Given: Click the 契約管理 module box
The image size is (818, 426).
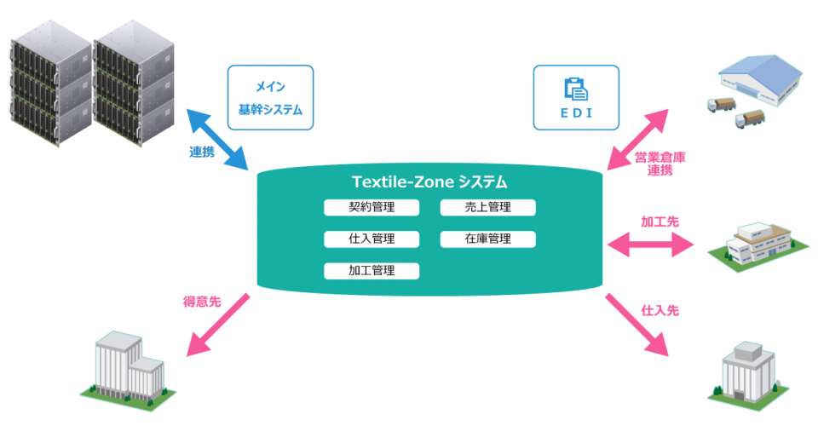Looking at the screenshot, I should [372, 207].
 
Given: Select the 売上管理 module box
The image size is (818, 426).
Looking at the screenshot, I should [487, 207].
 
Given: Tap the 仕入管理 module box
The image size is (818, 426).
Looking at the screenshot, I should [372, 239].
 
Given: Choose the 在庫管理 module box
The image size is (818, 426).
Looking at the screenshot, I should [487, 239].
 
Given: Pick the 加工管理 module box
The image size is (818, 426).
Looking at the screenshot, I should [372, 271].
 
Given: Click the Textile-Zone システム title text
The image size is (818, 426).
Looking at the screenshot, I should [429, 181].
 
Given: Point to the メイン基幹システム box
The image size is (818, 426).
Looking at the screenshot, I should [270, 98].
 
